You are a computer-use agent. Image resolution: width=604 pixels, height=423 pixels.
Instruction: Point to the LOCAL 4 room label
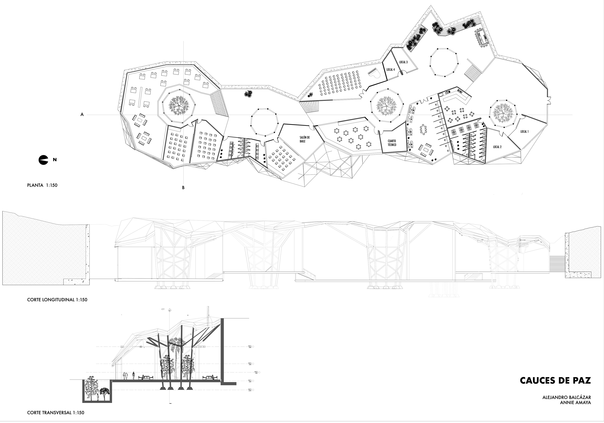[390, 70]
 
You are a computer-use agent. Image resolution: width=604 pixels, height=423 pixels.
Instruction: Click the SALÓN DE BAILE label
[305, 139]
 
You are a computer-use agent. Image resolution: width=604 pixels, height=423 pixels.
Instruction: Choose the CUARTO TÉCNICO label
[392, 143]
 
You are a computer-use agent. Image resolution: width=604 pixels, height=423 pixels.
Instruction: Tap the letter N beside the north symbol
[55, 159]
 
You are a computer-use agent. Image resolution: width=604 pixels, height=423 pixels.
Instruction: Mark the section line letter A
[82, 114]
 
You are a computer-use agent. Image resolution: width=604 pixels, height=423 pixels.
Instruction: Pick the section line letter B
[183, 188]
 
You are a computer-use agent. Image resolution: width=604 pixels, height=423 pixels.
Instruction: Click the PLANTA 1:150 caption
[42, 185]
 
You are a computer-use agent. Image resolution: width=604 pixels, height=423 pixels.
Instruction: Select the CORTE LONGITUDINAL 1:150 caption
[57, 300]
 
